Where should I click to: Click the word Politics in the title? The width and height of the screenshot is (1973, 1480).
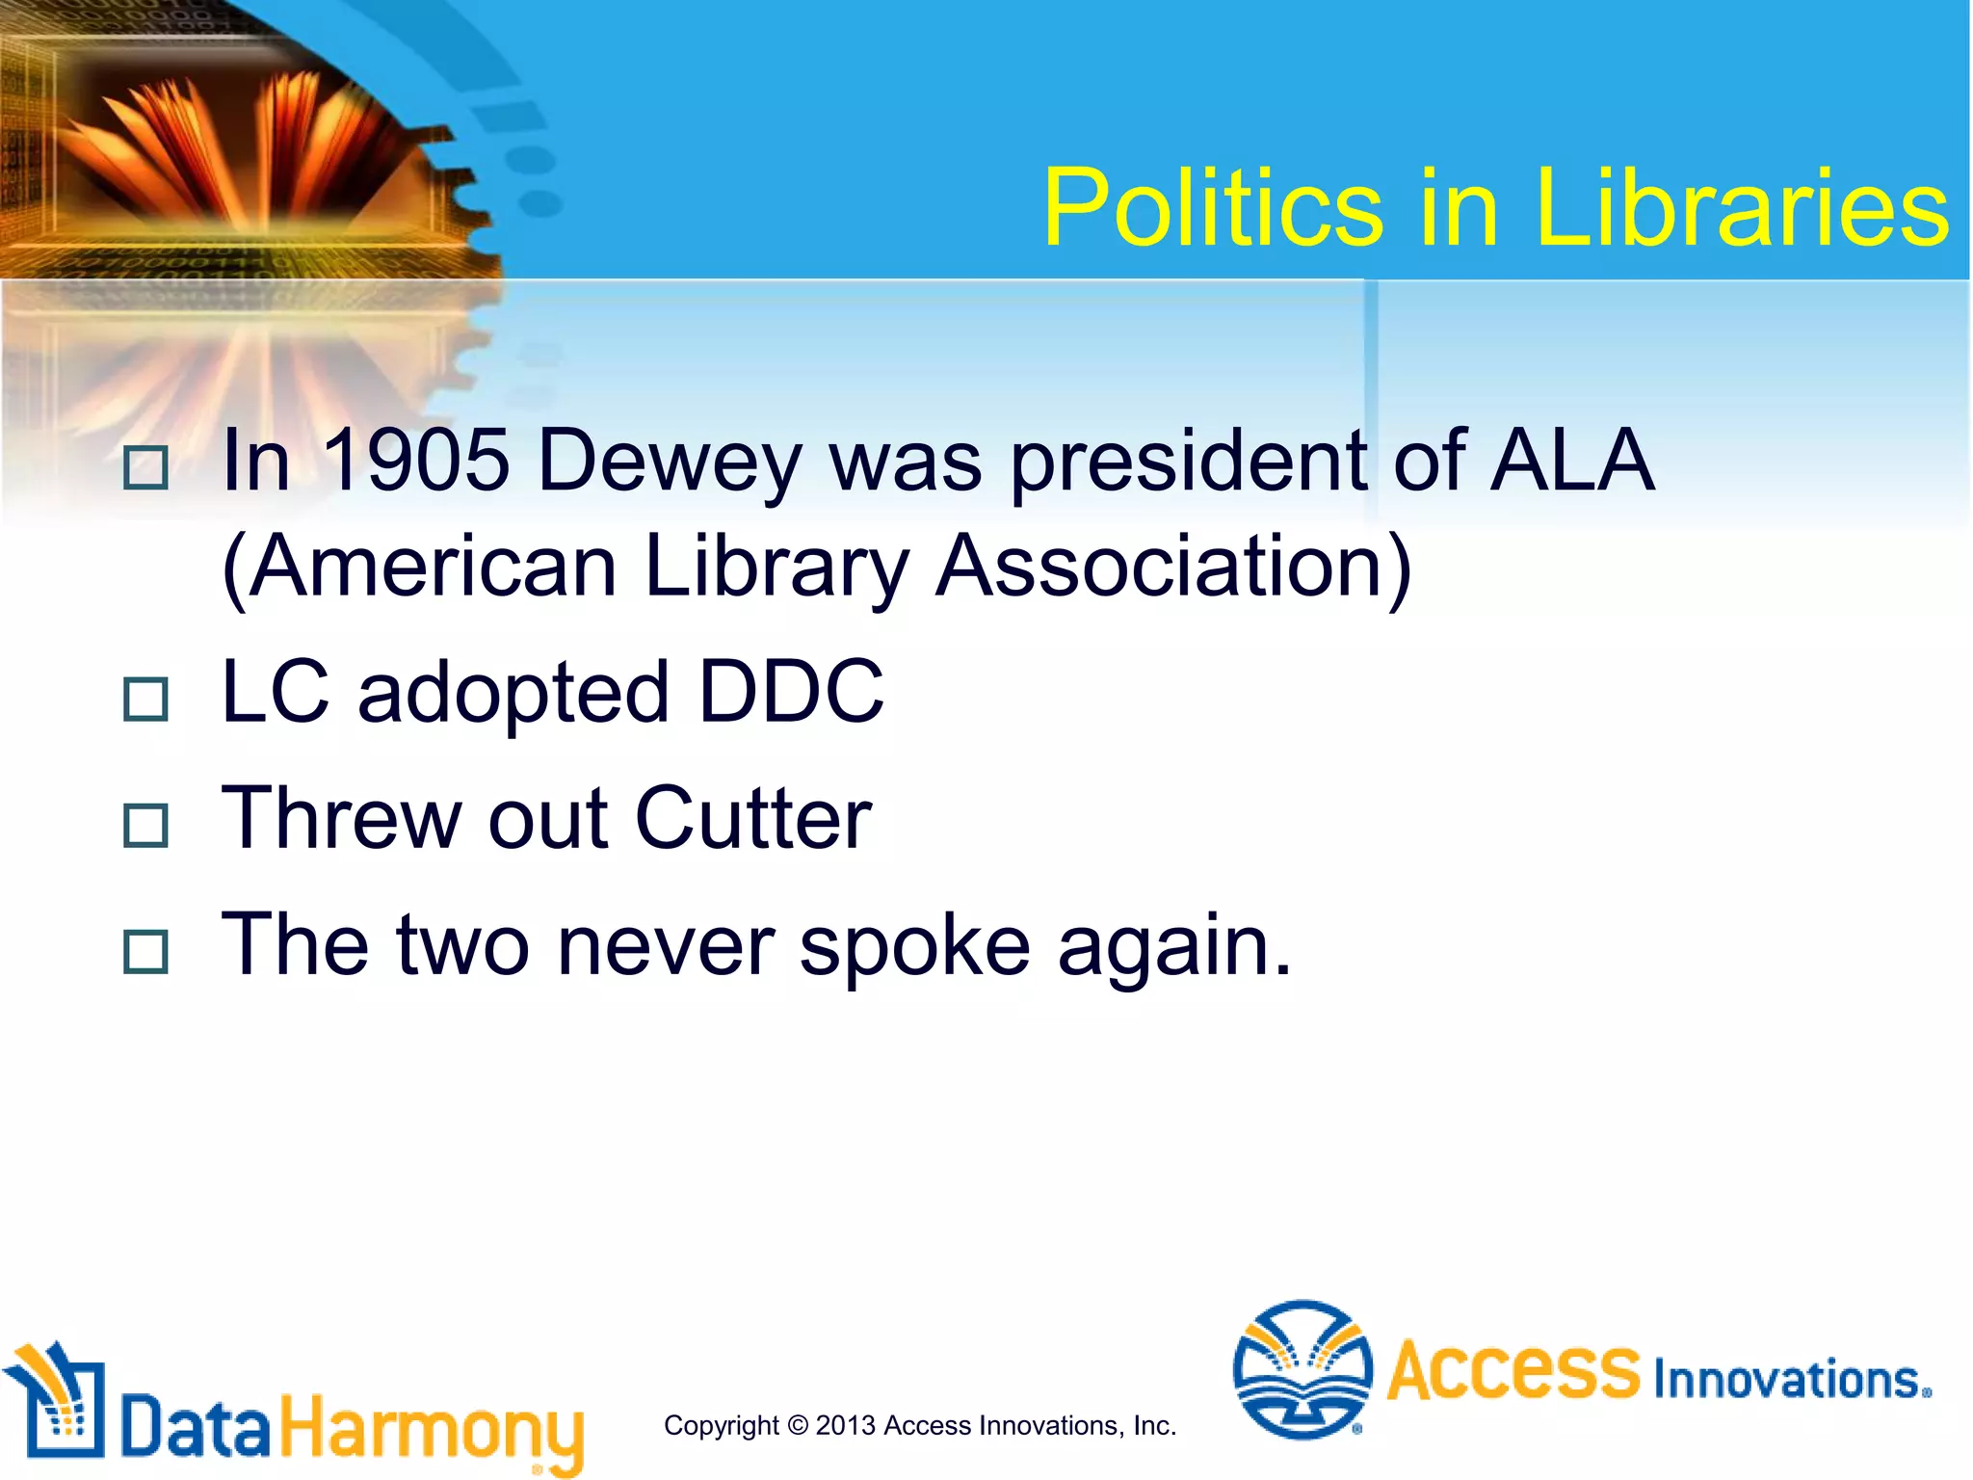click(x=1214, y=208)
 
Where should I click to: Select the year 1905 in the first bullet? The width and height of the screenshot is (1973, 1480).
click(x=415, y=460)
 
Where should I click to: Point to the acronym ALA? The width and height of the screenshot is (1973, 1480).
click(x=1572, y=460)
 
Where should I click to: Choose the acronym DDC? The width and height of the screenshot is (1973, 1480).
click(x=790, y=691)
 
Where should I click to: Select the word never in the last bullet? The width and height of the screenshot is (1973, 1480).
click(x=666, y=946)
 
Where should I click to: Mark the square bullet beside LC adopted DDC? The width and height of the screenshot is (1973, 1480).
click(x=146, y=699)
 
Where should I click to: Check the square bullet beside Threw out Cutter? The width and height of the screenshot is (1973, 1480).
click(x=146, y=826)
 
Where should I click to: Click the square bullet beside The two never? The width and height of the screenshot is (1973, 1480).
click(x=146, y=952)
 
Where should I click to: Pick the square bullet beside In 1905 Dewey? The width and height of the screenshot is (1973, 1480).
click(x=146, y=468)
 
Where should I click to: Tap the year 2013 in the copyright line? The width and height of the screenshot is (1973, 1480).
click(x=846, y=1425)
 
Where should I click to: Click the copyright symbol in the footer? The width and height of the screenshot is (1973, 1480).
click(x=798, y=1425)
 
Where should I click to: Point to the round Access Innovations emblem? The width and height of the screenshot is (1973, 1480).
click(x=1302, y=1369)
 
